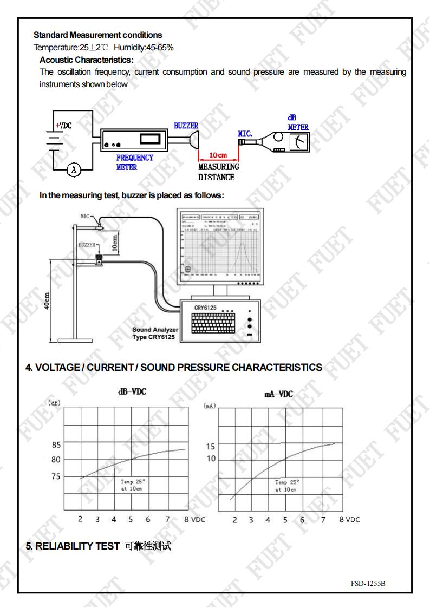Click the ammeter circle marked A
pos(75,169)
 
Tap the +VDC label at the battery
pos(63,125)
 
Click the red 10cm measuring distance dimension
pos(218,156)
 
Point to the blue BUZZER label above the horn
pos(186,126)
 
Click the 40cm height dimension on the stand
pos(47,302)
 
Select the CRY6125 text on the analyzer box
pos(205,308)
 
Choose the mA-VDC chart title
pos(278,394)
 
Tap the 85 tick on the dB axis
pos(55,446)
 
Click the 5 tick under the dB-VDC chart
pos(131,519)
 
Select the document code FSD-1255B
pos(369,583)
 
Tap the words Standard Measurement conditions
pos(98,35)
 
